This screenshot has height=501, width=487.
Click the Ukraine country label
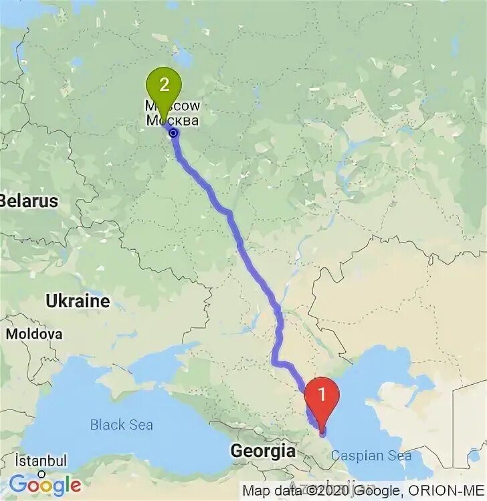[78, 301]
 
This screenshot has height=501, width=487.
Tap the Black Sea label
[122, 424]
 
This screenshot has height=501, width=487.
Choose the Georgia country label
[263, 451]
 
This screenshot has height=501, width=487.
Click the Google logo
[45, 484]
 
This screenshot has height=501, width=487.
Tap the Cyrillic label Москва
[173, 121]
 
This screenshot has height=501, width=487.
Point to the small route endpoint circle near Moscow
[174, 133]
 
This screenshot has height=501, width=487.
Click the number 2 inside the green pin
[162, 84]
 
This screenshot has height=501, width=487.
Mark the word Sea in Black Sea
[140, 424]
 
